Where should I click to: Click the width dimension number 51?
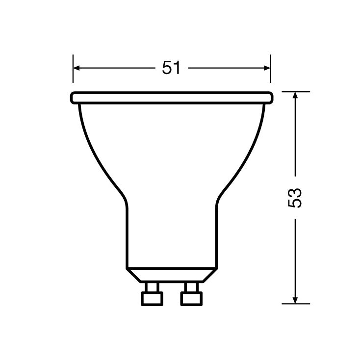coord(172,68)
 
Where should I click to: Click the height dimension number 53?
coord(295,197)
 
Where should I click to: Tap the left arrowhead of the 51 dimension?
coord(77,68)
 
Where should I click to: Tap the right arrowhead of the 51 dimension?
coord(267,68)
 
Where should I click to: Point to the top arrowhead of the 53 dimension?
coord(295,96)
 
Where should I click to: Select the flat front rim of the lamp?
coord(172,98)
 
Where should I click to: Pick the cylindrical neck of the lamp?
coord(172,235)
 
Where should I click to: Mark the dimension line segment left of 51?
coord(118,68)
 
